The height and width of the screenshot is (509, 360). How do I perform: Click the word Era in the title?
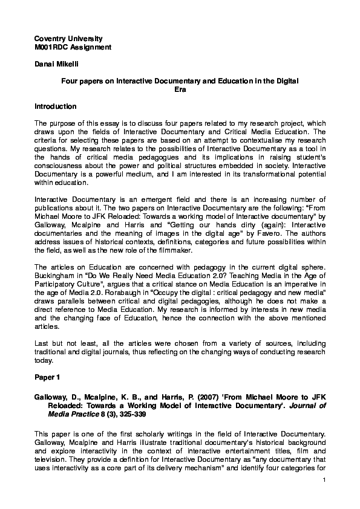point(180,89)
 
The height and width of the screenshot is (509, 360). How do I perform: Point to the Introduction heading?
point(56,106)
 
